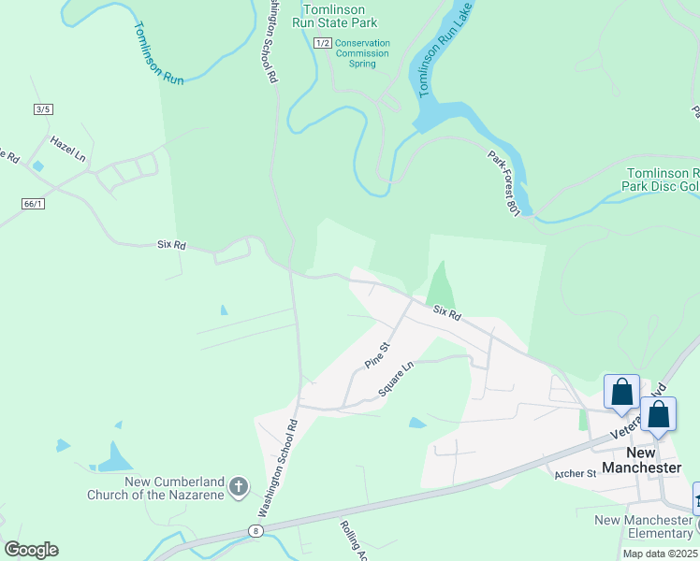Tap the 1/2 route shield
click(323, 43)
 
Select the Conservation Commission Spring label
click(362, 54)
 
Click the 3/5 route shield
click(42, 109)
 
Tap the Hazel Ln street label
click(67, 150)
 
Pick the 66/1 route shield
click(33, 203)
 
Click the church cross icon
click(239, 486)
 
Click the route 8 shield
click(255, 530)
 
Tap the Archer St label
click(575, 474)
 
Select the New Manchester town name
click(641, 460)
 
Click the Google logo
click(31, 550)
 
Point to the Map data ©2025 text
click(660, 554)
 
